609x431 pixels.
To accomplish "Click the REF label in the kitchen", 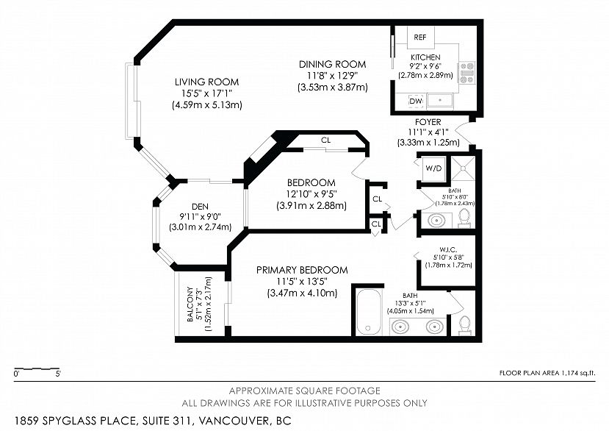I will coord(419,37).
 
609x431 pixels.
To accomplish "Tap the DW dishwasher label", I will coord(415,100).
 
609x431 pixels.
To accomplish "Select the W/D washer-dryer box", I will coord(433,168).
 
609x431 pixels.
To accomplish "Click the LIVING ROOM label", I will coord(206,82).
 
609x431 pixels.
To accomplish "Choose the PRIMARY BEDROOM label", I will coord(302,270).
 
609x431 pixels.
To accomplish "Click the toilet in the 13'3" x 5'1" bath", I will coord(464,323).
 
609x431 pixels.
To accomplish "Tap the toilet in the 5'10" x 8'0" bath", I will coord(464,218).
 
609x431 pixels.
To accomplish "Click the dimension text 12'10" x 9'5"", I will coord(311,194).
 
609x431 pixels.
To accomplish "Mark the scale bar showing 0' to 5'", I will coord(37,368).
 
